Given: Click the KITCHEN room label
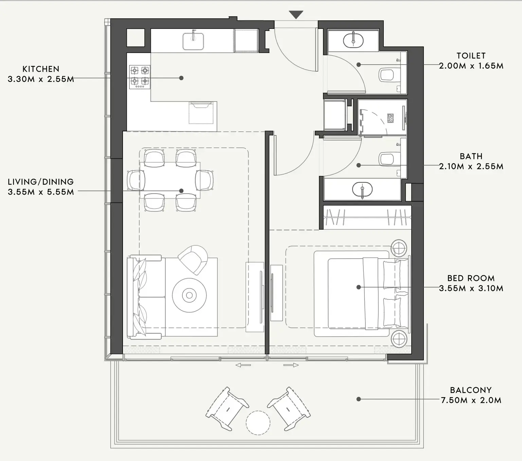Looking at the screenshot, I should pyautogui.click(x=41, y=69).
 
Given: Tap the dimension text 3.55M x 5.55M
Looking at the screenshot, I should pyautogui.click(x=41, y=192).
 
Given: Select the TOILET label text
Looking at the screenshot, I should pyautogui.click(x=471, y=56).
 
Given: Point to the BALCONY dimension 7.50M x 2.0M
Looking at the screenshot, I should pyautogui.click(x=471, y=400).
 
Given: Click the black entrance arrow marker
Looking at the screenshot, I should pyautogui.click(x=296, y=15).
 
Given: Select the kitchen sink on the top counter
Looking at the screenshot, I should pyautogui.click(x=193, y=41).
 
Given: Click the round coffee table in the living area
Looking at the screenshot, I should pyautogui.click(x=189, y=295).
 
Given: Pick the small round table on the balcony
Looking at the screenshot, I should pyautogui.click(x=258, y=423).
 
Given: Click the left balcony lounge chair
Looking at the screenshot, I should pyautogui.click(x=227, y=408).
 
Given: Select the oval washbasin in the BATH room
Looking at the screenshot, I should pyautogui.click(x=362, y=190).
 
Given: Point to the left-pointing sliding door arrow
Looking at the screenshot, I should pyautogui.click(x=243, y=365).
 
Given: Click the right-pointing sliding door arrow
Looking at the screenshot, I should pyautogui.click(x=291, y=365).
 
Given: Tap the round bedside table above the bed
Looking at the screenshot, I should pyautogui.click(x=398, y=248).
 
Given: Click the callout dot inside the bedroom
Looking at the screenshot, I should pyautogui.click(x=358, y=287).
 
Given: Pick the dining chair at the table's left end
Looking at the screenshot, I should pyautogui.click(x=133, y=180).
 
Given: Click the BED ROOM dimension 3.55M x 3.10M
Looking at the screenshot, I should pyautogui.click(x=471, y=288).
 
